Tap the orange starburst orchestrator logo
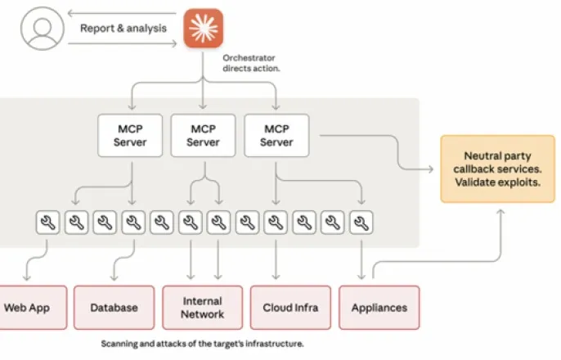(x=203, y=28)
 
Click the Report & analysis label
(x=123, y=28)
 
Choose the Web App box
(x=25, y=308)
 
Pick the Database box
(x=114, y=308)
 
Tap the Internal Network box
(x=202, y=308)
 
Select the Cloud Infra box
(x=290, y=308)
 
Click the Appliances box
(x=379, y=308)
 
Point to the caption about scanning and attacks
(x=202, y=344)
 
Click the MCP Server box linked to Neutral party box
(x=276, y=135)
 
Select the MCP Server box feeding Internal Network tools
(x=203, y=135)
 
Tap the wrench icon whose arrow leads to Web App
(x=47, y=222)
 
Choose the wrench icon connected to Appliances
(x=361, y=222)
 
